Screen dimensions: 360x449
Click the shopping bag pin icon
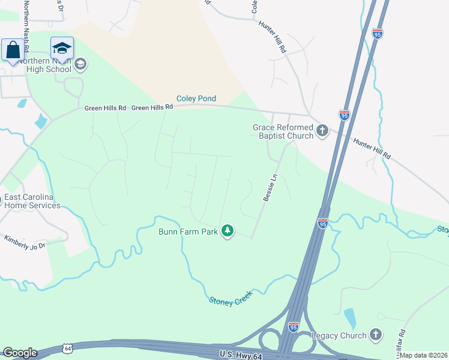[13, 50]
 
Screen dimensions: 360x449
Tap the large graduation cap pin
[62, 49]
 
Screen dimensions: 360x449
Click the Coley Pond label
[196, 98]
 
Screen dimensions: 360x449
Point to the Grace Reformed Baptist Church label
[283, 131]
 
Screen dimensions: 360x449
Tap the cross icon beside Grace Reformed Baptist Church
[322, 130]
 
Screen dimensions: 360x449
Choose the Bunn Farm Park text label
[188, 232]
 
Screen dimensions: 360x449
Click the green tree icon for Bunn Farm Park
[227, 230]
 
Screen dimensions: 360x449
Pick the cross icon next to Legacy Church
[375, 334]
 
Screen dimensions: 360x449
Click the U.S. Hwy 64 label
[239, 354]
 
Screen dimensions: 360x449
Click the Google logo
[20, 353]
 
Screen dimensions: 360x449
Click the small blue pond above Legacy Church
[349, 316]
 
